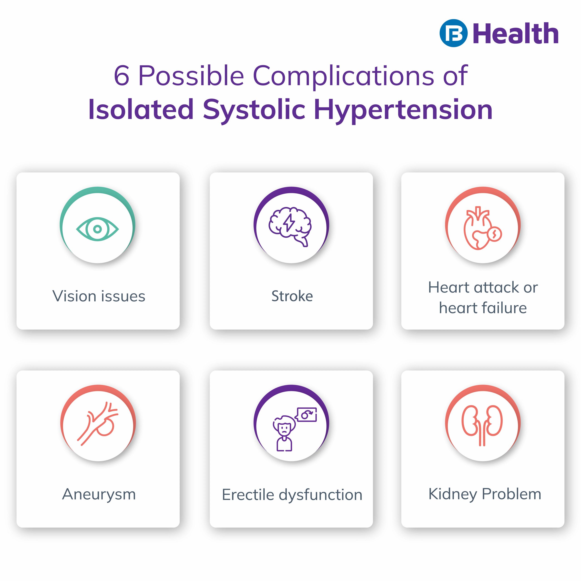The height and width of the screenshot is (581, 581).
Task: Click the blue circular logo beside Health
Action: tap(453, 33)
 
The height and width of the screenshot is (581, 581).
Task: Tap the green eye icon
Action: tap(97, 229)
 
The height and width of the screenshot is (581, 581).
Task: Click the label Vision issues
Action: tap(99, 296)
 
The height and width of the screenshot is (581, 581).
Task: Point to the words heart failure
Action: tap(483, 308)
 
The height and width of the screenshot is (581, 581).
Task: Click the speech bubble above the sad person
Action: tap(306, 415)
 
